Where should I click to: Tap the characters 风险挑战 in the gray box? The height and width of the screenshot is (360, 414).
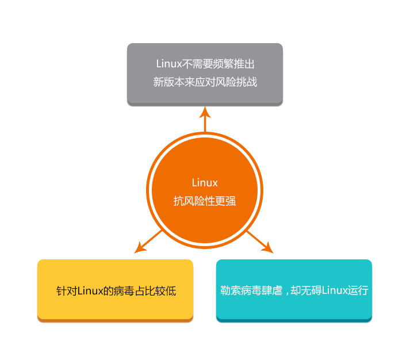click(236, 82)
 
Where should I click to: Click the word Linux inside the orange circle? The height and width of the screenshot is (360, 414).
click(205, 183)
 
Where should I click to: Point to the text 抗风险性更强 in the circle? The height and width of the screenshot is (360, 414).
click(205, 201)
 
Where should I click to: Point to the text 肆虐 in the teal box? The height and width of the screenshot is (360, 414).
click(271, 290)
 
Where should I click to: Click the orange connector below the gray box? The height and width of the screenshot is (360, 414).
click(205, 119)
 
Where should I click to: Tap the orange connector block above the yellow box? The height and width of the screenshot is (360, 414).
click(148, 242)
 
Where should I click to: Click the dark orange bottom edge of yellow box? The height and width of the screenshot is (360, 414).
click(115, 321)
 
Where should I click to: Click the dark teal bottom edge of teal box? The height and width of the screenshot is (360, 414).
click(294, 321)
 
